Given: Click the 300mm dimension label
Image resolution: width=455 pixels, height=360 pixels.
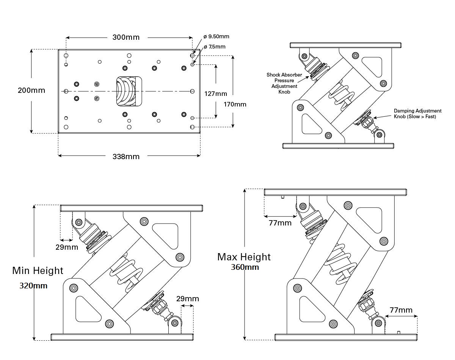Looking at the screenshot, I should point(126,37).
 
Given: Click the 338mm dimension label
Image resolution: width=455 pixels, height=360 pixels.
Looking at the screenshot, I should point(126,156).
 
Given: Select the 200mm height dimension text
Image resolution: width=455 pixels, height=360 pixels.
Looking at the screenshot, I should point(31,90).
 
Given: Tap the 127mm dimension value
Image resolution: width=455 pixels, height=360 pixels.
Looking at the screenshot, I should point(216,94).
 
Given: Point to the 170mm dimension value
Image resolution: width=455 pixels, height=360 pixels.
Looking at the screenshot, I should point(235,104).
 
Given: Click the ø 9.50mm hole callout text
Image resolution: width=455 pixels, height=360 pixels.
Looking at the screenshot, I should point(217,37).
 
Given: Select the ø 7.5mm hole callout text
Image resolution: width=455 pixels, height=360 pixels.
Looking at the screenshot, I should point(215,47).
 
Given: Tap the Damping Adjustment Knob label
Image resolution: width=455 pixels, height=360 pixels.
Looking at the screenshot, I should point(417,114).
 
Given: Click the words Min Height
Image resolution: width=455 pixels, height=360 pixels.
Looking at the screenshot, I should point(38,271).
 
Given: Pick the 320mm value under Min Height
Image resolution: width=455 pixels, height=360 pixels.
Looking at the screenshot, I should point(33,286).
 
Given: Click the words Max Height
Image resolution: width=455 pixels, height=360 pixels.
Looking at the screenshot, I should point(244,257).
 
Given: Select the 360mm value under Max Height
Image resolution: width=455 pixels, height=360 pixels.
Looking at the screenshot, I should point(245,267).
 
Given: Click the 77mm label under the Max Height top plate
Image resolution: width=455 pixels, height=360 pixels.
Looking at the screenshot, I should point(280,223).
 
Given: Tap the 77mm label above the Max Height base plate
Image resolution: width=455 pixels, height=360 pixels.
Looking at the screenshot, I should point(401,310).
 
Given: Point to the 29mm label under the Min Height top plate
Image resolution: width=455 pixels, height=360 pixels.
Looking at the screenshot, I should point(67,247).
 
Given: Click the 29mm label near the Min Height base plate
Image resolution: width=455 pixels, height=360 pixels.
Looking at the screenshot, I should point(187,299).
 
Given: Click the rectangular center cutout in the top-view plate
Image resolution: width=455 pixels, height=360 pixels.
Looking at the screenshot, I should point(129,91).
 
